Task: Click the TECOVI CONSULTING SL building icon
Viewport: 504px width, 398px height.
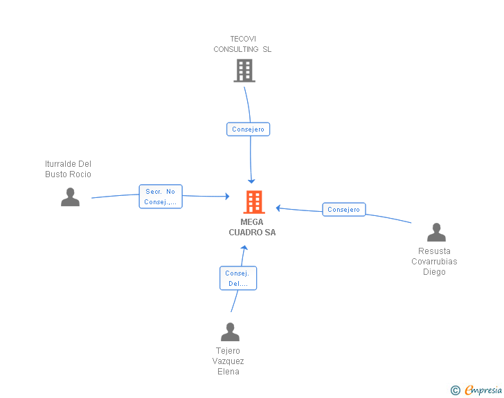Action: pos(244,71)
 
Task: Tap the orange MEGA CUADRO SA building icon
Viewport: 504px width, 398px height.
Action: pos(254,202)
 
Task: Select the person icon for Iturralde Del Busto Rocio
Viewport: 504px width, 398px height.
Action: pos(70,197)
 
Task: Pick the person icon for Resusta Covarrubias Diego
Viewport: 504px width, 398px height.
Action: pos(436,232)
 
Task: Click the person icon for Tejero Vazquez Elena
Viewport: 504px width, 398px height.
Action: pos(230,332)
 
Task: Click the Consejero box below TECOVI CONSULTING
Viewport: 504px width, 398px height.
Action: pos(248,129)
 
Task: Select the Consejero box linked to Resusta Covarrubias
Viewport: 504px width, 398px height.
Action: pos(344,209)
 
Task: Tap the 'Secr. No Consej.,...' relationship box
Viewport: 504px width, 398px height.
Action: pos(161,197)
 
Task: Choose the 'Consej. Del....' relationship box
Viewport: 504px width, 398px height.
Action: pos(238,278)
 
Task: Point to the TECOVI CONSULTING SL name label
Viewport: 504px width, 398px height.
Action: pos(243,44)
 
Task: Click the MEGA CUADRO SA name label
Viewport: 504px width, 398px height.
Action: pos(252,227)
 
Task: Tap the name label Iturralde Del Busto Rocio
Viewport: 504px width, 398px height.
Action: pos(68,169)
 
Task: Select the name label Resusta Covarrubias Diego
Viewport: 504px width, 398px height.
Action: pos(434,262)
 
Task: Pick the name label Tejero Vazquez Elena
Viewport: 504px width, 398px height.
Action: pos(228,361)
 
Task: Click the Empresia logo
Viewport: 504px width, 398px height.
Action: pos(483,390)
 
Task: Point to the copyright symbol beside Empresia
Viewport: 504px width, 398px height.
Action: pos(455,390)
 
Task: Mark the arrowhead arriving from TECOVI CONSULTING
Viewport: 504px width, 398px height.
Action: pos(251,181)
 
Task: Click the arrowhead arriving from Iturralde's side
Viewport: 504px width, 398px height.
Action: pos(227,196)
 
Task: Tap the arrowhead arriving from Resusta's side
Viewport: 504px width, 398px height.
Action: pos(278,208)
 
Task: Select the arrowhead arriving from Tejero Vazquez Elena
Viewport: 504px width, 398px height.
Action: pos(244,248)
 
